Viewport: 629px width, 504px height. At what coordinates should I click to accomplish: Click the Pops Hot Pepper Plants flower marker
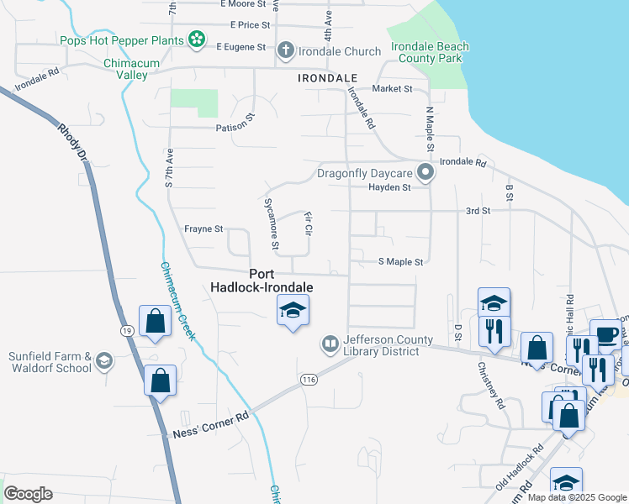tap(196, 39)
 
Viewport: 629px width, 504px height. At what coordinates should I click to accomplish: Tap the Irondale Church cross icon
tap(285, 50)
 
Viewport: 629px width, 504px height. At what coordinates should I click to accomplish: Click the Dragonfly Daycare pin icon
tap(425, 174)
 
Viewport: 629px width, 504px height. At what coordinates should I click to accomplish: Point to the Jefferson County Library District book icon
tap(330, 344)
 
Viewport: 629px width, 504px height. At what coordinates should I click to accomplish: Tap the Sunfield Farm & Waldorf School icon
tap(104, 361)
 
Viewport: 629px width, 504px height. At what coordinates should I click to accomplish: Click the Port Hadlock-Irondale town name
tap(281, 281)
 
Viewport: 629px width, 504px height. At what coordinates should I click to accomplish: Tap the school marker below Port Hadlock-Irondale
tap(293, 312)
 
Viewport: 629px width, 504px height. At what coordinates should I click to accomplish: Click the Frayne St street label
tap(203, 228)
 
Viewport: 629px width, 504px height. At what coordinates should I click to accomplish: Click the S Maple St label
tap(399, 262)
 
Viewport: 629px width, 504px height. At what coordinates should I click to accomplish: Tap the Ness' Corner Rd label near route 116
tap(211, 424)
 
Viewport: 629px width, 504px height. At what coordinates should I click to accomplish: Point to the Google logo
tap(29, 494)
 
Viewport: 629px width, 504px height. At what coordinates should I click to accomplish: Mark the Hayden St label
tap(388, 187)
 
